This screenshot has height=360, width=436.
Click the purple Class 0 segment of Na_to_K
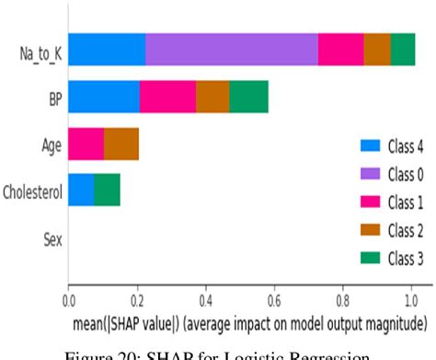coord(232,49)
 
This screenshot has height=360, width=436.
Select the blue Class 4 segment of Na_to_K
coord(107,49)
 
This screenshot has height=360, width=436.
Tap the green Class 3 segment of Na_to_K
coord(403,49)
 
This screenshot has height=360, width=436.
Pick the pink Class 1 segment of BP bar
coord(167,97)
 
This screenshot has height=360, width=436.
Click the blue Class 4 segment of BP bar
coord(104,97)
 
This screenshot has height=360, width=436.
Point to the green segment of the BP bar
coord(248,97)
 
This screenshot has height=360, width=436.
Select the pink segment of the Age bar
coord(86,144)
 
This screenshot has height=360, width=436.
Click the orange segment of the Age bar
coord(121,144)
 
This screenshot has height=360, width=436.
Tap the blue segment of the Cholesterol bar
coord(81,191)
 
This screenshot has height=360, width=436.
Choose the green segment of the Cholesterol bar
coord(107,191)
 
